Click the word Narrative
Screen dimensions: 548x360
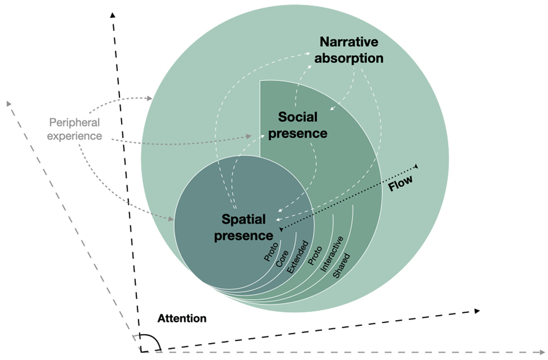349,42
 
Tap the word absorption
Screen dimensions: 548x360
349,58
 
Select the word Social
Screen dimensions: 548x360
298,117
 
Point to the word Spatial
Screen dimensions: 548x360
244,219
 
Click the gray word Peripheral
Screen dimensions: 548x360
75,123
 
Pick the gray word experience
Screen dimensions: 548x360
75,135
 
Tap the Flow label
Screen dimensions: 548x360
401,183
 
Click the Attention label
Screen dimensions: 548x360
182,318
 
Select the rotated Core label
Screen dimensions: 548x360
282,259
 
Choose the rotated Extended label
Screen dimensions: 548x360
298,257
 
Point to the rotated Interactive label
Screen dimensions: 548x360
332,254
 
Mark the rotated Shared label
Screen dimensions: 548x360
341,266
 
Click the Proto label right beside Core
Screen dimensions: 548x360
271,252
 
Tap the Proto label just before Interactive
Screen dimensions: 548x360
315,255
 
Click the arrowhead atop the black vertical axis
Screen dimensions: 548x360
112,15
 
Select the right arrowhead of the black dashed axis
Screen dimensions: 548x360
477,311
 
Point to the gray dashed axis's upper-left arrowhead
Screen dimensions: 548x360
9,104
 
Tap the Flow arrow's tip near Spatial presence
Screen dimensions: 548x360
281,229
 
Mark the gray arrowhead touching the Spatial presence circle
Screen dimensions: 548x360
171,219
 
